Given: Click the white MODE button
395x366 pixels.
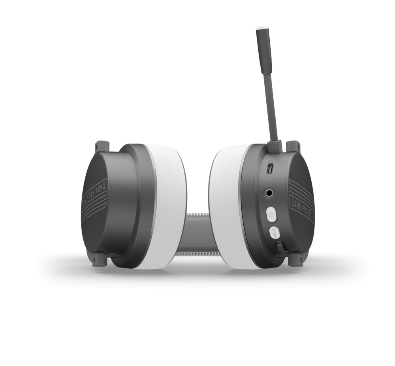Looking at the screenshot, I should click(x=274, y=233).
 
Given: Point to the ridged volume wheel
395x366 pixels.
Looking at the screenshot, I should click(x=280, y=248).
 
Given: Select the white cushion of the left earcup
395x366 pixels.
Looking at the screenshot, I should click(x=170, y=206).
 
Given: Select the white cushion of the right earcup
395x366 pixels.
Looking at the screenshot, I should click(x=225, y=206).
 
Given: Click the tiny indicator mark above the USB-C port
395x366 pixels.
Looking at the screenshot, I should click(x=270, y=161).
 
